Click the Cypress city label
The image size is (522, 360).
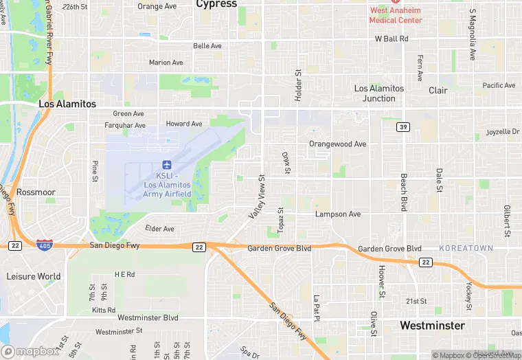216,4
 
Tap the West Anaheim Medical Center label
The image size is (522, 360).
395,15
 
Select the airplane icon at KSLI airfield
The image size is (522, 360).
166,164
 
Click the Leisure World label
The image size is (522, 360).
33,276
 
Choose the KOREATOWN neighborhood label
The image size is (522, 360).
466,248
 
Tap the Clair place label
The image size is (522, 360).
438,90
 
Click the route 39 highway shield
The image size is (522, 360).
405,127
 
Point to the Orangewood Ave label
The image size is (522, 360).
337,144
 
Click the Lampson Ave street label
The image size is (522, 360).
337,214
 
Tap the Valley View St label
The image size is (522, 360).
256,198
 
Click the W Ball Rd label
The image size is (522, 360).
391,39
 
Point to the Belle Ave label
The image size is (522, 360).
207,46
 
